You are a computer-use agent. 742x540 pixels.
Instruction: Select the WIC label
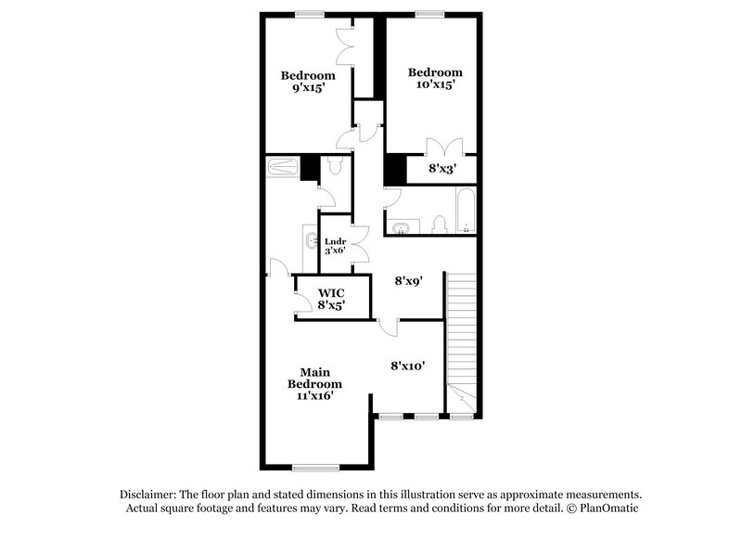(x=332, y=293)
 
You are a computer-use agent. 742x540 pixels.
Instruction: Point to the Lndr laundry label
(x=335, y=243)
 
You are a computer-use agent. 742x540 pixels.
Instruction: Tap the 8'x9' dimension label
(x=409, y=279)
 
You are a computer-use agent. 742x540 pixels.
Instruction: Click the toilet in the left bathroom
(x=335, y=167)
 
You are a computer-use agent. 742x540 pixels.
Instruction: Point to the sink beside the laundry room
(x=310, y=243)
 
